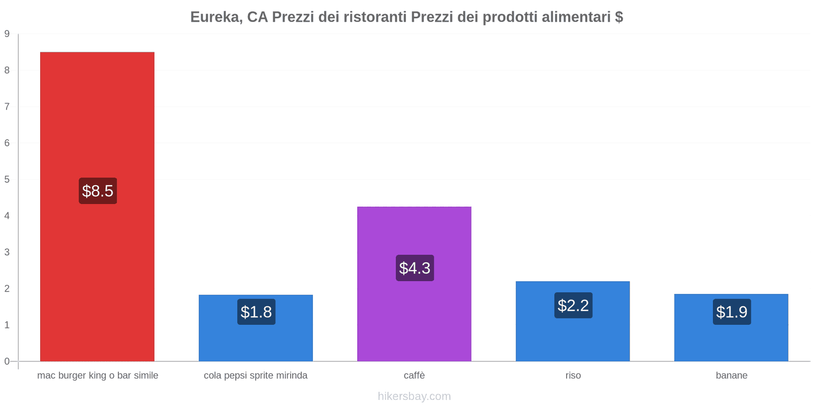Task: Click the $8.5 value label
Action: [98, 191]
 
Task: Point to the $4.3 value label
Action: [415, 268]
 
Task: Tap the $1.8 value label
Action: [256, 312]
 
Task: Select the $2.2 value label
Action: [573, 306]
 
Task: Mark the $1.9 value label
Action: [732, 312]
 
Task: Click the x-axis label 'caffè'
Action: [414, 376]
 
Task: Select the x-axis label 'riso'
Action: [573, 376]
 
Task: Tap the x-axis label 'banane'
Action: [731, 376]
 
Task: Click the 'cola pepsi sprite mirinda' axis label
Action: [256, 376]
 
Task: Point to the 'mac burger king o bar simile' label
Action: [98, 376]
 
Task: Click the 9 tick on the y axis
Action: [7, 34]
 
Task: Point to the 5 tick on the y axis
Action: [7, 180]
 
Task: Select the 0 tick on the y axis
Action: [7, 361]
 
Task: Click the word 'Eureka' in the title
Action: [215, 17]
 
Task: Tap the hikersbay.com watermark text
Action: [414, 396]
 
